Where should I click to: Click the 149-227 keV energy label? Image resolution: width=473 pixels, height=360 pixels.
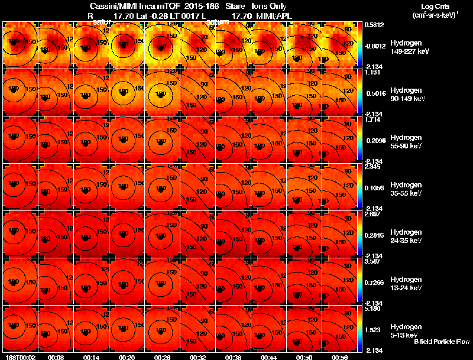coord(408,52)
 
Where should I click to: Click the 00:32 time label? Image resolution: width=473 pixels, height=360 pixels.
coord(198,357)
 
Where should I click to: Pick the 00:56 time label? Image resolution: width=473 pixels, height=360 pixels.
coord(340,357)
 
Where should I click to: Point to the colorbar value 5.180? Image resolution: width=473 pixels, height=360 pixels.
coord(373,309)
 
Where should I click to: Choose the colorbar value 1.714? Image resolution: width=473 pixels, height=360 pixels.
coord(373,119)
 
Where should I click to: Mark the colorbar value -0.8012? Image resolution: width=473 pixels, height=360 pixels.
coord(375,45)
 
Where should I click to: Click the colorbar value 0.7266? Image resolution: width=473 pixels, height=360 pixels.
coord(374,281)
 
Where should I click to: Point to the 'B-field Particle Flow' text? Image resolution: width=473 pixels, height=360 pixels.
coord(441,342)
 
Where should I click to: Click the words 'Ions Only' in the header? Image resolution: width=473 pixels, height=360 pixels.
coord(269,7)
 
